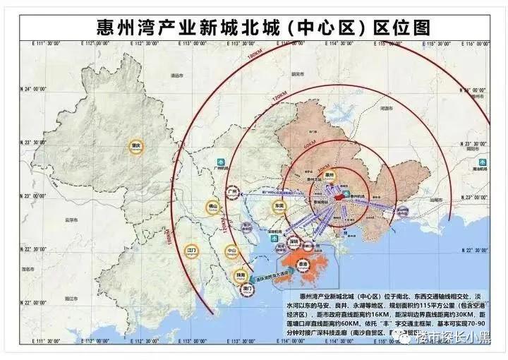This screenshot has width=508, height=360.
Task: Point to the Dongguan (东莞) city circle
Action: coord(279,206)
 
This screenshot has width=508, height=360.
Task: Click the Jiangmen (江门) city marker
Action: coord(192,251)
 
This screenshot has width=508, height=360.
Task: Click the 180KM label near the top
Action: coord(256,56)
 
